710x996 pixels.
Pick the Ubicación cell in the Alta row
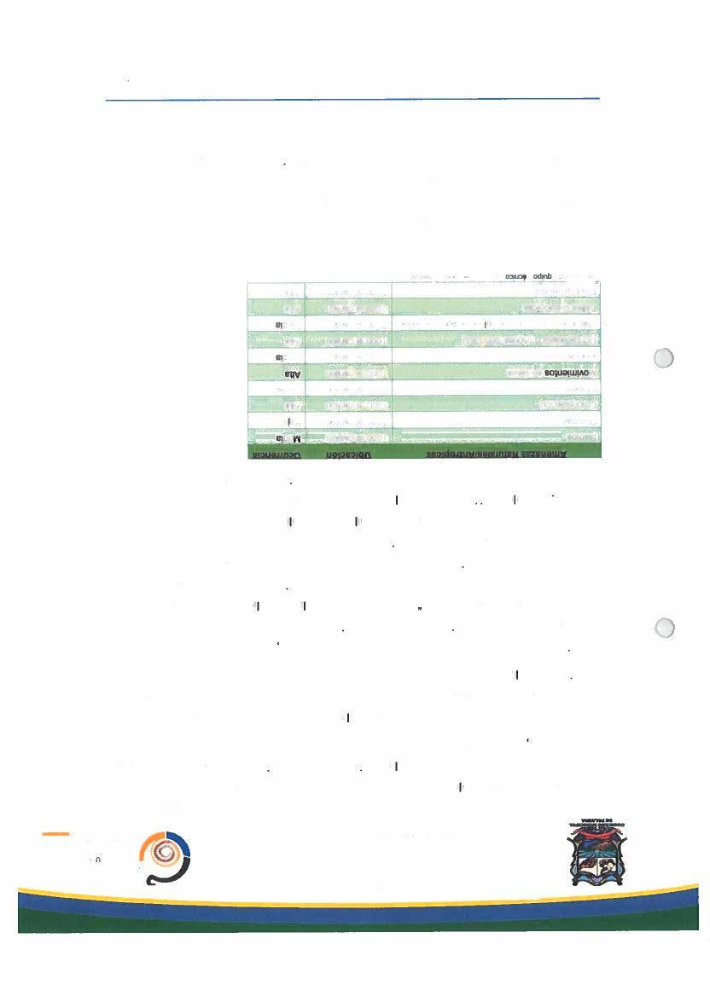348,372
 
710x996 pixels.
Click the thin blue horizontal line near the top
352,99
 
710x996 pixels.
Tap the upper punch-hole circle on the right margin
663,358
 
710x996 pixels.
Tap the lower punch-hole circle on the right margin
663,628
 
